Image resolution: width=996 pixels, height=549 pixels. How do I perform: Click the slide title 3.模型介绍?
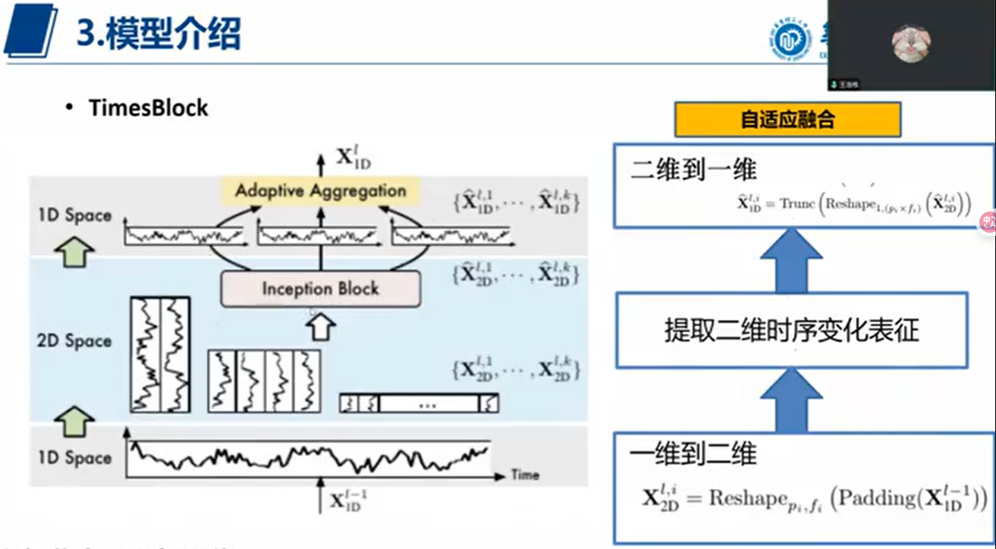click(159, 33)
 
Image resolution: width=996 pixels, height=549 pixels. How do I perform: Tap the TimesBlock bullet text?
click(148, 108)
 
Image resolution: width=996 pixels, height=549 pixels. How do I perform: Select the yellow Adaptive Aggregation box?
click(320, 191)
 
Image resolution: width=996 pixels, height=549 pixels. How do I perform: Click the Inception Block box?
click(320, 289)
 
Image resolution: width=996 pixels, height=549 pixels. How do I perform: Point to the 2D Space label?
click(74, 341)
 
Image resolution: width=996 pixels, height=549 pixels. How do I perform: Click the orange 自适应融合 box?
click(788, 120)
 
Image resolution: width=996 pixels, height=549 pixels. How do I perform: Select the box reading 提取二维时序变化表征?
click(791, 331)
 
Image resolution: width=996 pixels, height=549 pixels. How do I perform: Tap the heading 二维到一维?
click(693, 169)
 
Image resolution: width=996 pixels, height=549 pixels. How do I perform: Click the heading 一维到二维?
click(693, 453)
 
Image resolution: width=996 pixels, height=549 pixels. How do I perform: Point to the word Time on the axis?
click(525, 475)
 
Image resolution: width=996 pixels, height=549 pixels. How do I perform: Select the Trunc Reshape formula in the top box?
click(854, 204)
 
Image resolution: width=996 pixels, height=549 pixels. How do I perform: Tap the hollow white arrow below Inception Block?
click(321, 327)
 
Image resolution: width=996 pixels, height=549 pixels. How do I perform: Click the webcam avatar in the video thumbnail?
click(910, 42)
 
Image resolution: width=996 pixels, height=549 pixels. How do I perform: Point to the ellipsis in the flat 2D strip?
click(427, 404)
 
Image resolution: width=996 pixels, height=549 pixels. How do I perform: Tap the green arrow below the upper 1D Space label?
click(75, 251)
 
